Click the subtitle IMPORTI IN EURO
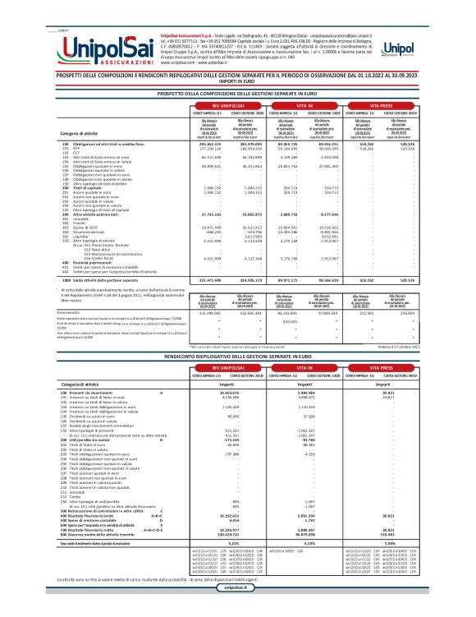tap(237, 81)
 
